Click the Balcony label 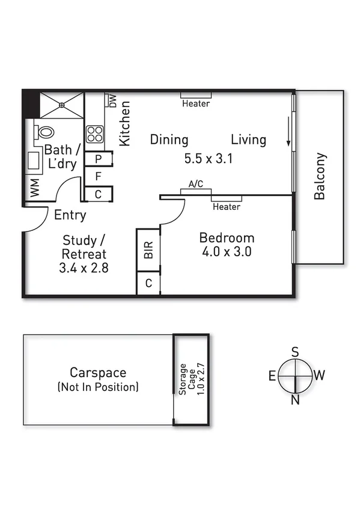click(x=320, y=176)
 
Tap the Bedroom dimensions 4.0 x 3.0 click(x=226, y=251)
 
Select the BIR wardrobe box click(x=148, y=250)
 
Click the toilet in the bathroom click(x=43, y=132)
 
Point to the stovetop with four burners click(x=95, y=134)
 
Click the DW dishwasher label click(x=112, y=100)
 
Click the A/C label click(x=195, y=185)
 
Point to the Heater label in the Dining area click(x=196, y=103)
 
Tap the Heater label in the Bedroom click(x=227, y=207)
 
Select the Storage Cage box click(x=191, y=379)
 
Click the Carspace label click(x=97, y=373)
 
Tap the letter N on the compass click(x=295, y=401)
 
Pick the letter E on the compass click(x=272, y=376)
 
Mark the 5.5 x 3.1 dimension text click(x=208, y=159)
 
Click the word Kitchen click(x=125, y=123)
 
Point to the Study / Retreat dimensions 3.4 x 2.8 click(x=84, y=268)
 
